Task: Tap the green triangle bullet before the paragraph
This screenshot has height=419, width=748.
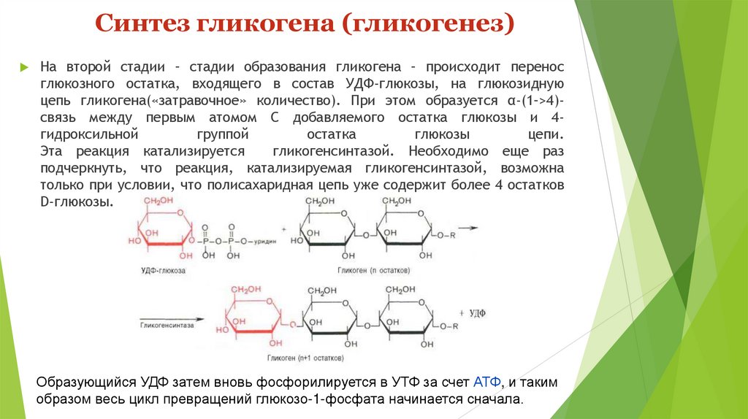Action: (24, 66)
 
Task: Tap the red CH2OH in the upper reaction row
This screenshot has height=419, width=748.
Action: (158, 201)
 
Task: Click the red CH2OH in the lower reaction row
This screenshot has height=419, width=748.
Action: (248, 290)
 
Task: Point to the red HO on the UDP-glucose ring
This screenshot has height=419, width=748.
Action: (135, 240)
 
